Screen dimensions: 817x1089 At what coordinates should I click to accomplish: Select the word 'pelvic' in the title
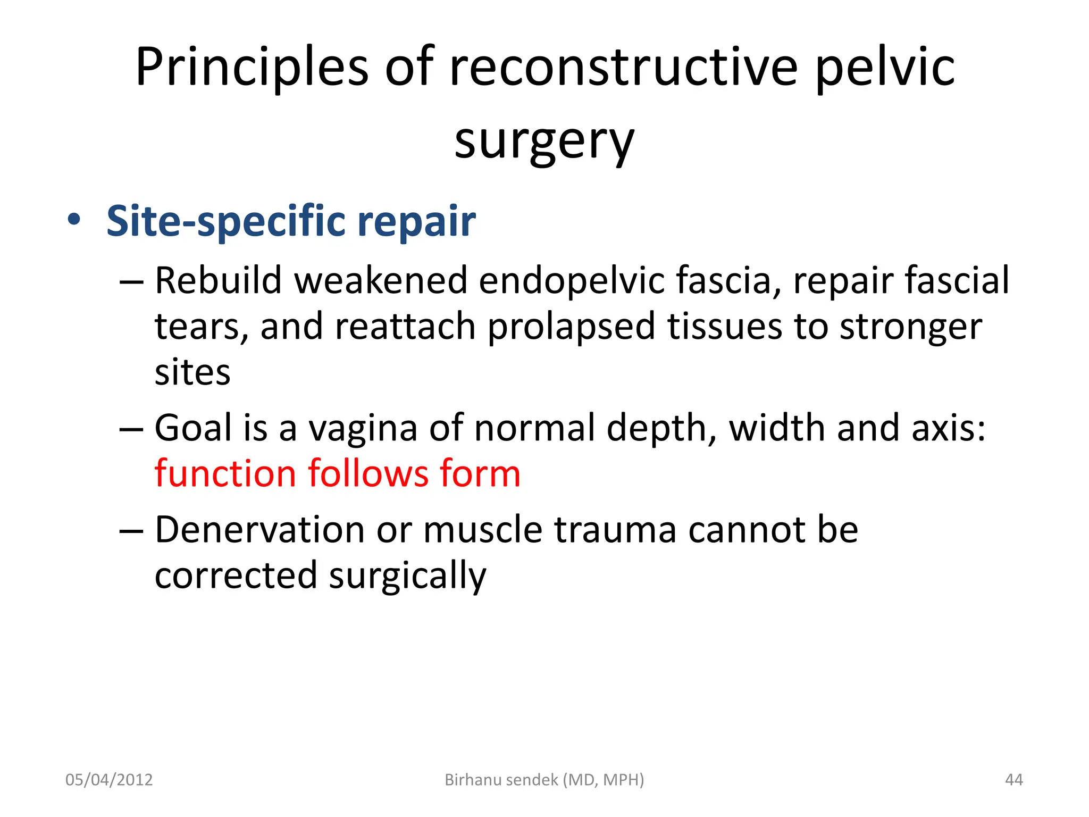(x=885, y=68)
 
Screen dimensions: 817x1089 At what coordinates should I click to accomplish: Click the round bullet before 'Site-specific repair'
(x=74, y=220)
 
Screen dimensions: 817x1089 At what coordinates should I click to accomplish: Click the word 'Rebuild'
(x=218, y=280)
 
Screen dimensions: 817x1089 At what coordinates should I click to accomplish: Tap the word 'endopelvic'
(x=572, y=281)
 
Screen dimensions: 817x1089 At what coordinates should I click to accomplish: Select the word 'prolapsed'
(x=571, y=327)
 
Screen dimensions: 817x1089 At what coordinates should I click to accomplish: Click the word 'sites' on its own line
(x=192, y=372)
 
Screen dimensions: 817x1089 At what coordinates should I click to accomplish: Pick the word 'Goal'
(x=194, y=428)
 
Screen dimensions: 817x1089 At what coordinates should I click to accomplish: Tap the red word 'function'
(x=225, y=473)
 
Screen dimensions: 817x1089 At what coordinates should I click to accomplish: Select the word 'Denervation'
(x=259, y=530)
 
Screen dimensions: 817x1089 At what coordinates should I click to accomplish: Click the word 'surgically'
(x=407, y=577)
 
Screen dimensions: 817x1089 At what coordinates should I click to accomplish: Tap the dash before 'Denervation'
(x=131, y=531)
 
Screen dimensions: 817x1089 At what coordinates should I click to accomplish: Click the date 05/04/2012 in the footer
(x=109, y=780)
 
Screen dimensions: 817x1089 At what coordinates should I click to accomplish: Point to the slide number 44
(x=1013, y=780)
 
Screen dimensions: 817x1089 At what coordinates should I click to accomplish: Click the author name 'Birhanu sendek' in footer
(x=501, y=780)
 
